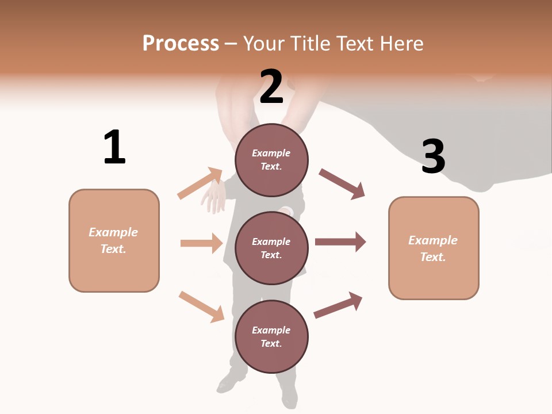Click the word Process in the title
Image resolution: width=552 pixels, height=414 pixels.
click(x=181, y=44)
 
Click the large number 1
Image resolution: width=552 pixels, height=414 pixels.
click(x=114, y=147)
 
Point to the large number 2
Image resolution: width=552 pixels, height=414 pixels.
click(x=271, y=87)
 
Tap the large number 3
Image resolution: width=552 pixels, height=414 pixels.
click(x=433, y=157)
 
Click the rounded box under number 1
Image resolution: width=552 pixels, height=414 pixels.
click(x=114, y=240)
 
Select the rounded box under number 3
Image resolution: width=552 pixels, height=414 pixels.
click(x=434, y=248)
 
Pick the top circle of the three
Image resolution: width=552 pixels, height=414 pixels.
click(x=271, y=160)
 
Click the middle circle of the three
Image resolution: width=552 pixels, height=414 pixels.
click(x=271, y=248)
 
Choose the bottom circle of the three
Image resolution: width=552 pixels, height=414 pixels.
click(x=271, y=336)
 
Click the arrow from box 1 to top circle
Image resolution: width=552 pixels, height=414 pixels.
click(x=200, y=183)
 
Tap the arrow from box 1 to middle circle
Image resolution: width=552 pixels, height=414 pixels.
click(x=201, y=243)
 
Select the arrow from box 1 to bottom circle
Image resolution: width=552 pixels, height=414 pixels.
click(x=201, y=306)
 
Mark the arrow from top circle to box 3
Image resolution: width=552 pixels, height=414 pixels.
click(x=342, y=183)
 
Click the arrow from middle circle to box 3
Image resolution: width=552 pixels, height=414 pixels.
click(x=340, y=242)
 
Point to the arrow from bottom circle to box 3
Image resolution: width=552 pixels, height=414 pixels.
click(x=338, y=305)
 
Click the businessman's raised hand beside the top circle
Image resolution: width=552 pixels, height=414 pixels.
click(x=214, y=197)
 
